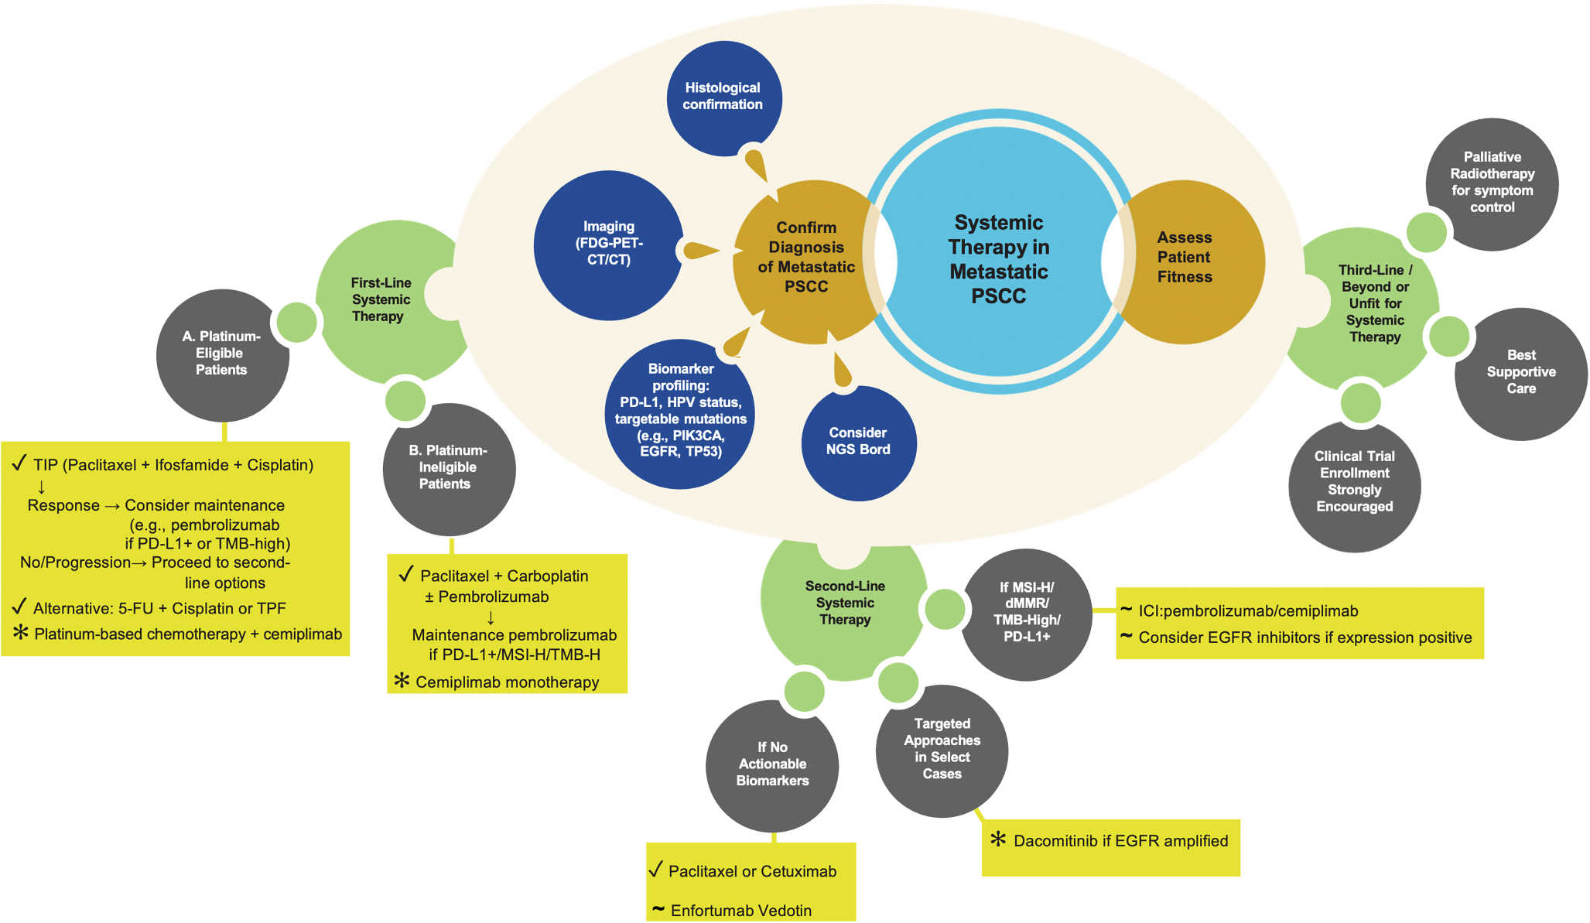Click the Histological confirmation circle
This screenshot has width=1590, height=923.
pos(723,97)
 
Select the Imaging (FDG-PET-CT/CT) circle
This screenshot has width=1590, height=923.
pos(609,244)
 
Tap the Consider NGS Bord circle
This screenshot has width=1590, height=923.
pos(858,442)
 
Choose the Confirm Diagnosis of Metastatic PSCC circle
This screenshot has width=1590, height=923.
pos(805,258)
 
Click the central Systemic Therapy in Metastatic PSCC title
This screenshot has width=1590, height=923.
pos(998,259)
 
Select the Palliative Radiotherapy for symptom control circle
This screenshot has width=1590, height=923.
pos(1492,183)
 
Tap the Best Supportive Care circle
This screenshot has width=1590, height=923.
pos(1520,372)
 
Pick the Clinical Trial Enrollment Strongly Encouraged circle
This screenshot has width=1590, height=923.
pos(1354,482)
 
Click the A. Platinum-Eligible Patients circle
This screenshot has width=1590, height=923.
pos(221,354)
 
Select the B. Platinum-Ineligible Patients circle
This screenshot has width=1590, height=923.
pos(447,467)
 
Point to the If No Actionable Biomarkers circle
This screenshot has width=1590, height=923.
pos(772,764)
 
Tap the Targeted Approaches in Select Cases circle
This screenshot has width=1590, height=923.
pos(942,749)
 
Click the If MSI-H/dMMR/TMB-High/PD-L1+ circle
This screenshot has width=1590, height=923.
pos(1026,613)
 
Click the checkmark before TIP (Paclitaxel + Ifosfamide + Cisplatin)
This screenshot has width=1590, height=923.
pos(19,464)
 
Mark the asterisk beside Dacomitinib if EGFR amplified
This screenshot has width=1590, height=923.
pos(998,839)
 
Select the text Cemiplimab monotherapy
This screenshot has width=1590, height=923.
pos(508,682)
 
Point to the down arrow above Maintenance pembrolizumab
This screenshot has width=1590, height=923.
pos(491,617)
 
